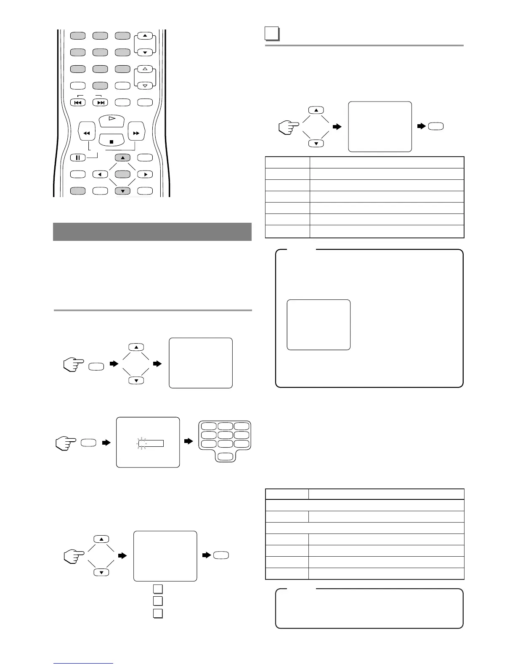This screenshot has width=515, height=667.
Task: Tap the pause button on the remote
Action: tap(78, 158)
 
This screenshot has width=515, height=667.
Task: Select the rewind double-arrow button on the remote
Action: tap(87, 133)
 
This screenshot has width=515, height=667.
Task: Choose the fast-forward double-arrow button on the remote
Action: tap(136, 133)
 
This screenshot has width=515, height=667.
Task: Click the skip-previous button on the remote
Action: tap(78, 102)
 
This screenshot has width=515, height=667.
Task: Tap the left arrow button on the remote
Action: tap(100, 174)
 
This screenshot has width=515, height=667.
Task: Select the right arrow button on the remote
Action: tap(145, 174)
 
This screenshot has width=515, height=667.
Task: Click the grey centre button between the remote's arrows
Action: tap(122, 174)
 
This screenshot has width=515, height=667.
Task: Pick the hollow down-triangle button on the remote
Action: tap(145, 85)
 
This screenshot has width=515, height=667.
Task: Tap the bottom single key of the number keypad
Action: tap(226, 456)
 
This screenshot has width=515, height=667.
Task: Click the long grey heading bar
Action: tap(152, 232)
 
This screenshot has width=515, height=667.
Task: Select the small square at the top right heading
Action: tap(272, 34)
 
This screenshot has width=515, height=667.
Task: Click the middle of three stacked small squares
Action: tap(157, 600)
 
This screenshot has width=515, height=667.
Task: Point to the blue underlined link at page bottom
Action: tap(84, 664)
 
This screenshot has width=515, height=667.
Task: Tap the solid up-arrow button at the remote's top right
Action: tap(145, 36)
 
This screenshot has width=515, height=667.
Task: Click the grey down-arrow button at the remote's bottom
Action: tap(122, 191)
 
